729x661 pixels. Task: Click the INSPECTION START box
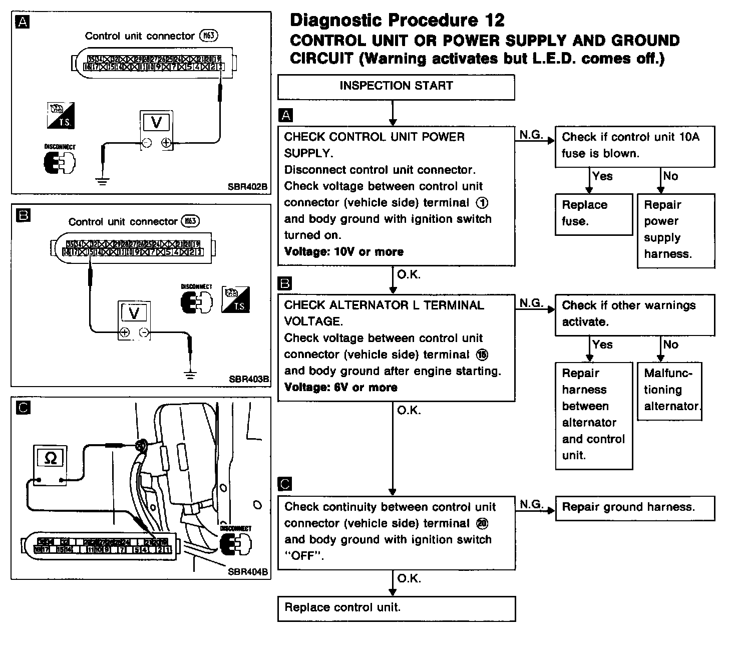pos(396,87)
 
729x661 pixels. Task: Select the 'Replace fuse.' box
pos(593,214)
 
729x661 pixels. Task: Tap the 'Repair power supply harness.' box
pos(675,230)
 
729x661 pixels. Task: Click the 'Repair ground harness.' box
pos(635,508)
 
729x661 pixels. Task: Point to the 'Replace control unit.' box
pos(396,608)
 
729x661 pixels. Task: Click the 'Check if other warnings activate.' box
pos(634,314)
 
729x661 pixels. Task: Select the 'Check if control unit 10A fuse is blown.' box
pos(634,146)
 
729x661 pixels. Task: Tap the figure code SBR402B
pos(247,187)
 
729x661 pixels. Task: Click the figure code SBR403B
pos(249,379)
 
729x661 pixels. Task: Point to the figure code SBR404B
pos(247,571)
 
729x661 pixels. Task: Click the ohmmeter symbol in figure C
pos(51,458)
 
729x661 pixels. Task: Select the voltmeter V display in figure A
pos(156,123)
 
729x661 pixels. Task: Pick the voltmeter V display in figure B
pos(134,313)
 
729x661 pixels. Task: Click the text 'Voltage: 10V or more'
pos(343,252)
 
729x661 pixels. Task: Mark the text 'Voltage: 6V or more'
pos(340,388)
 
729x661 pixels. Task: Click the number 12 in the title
pos(494,21)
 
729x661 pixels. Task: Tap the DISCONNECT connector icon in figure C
pos(236,542)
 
